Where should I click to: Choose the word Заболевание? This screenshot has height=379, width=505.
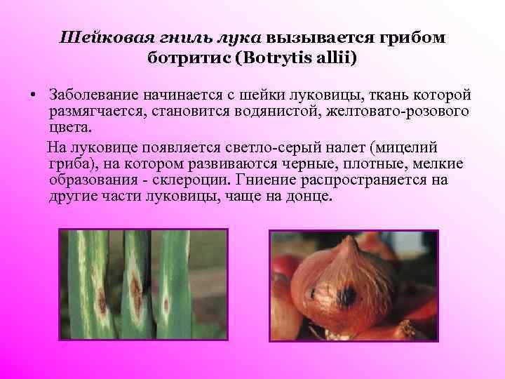click(x=95, y=95)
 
